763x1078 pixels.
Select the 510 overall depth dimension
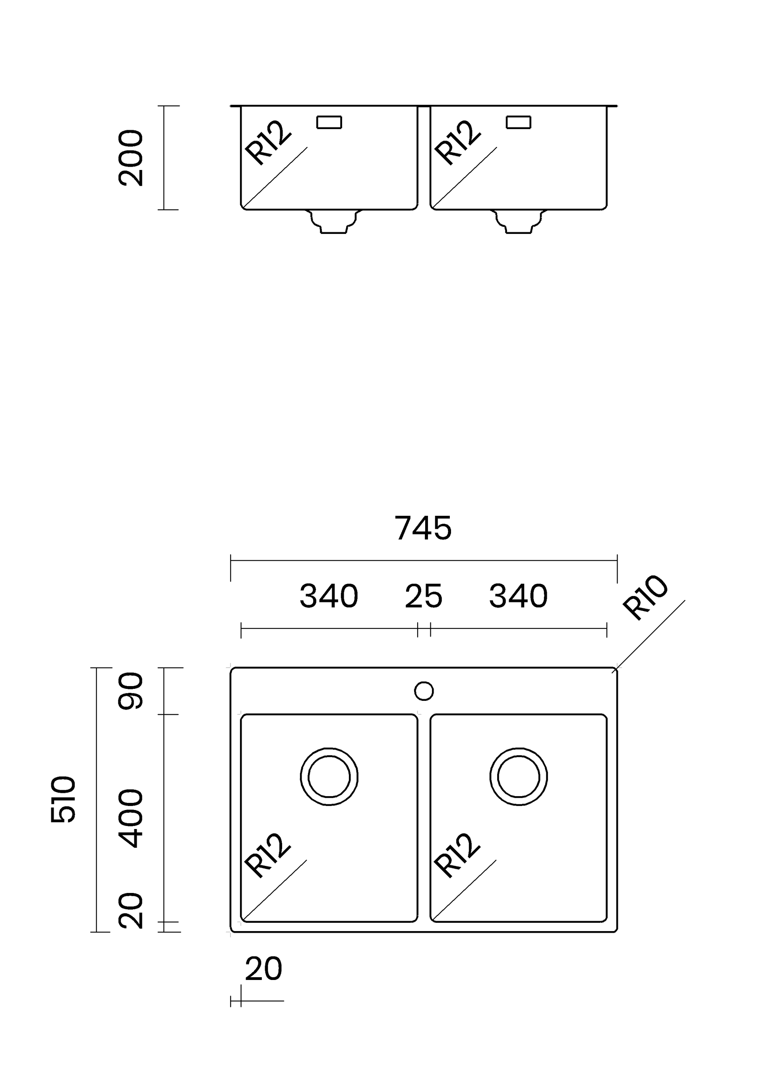pos(63,799)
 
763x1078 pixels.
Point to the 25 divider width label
pos(423,596)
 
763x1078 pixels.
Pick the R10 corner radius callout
pos(645,597)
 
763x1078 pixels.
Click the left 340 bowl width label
pos(329,596)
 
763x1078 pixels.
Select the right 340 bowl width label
pos(518,596)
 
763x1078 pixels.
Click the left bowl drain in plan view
pos(329,777)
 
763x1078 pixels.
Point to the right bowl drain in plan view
pos(518,777)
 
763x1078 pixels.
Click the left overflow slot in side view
pos(329,122)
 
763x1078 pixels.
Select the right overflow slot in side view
pos(518,122)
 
